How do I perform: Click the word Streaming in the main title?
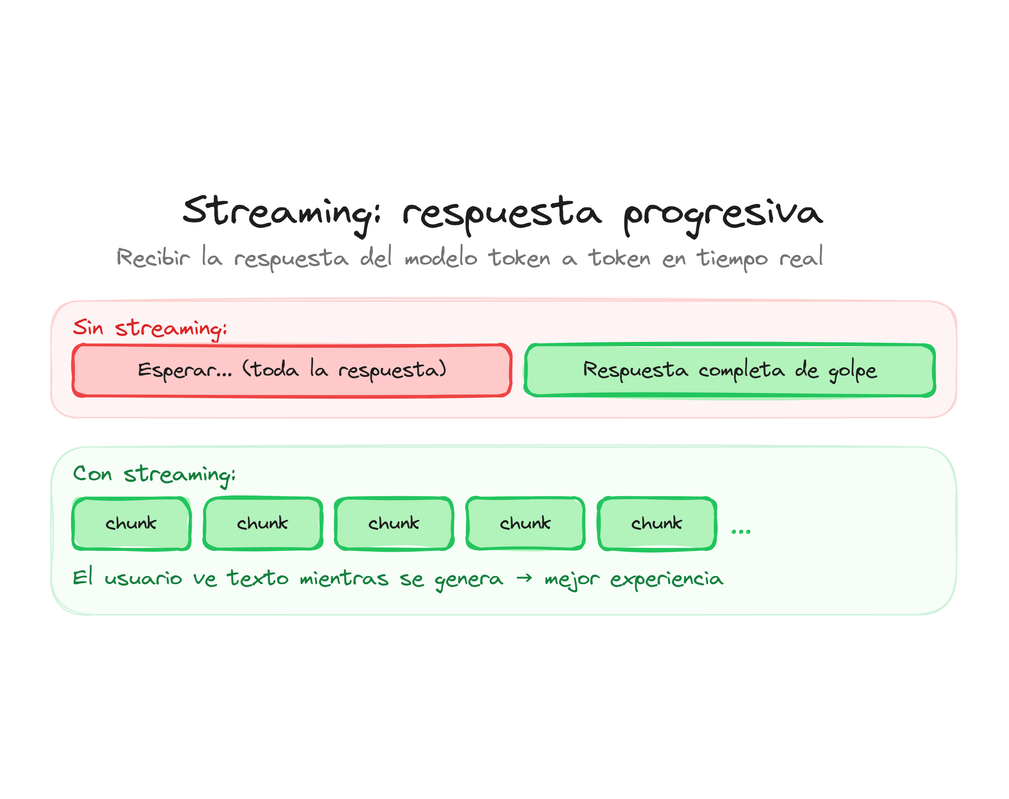(280, 213)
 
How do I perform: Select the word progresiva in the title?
(722, 214)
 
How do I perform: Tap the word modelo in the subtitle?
(441, 258)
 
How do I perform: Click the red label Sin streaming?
(150, 328)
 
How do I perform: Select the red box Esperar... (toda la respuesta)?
(292, 370)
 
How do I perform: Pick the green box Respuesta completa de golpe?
(729, 370)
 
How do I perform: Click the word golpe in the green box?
(852, 371)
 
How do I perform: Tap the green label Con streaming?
(154, 474)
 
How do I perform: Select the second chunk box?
(263, 523)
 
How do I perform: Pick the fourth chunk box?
(526, 523)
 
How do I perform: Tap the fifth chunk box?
(657, 523)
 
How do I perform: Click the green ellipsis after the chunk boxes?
(741, 532)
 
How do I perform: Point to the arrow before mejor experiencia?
(524, 578)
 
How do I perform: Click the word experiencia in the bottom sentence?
(667, 579)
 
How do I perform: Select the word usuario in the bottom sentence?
(143, 579)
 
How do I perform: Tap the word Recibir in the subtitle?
(153, 257)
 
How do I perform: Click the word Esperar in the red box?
(184, 371)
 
